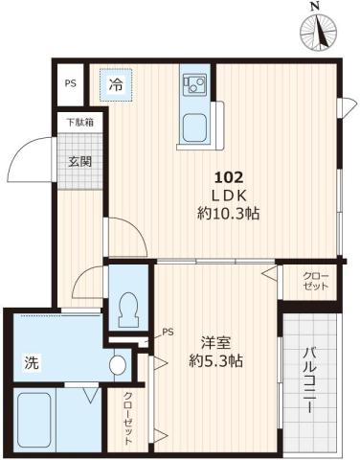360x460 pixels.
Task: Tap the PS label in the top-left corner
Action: pyautogui.click(x=71, y=83)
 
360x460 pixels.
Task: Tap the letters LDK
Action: pyautogui.click(x=229, y=195)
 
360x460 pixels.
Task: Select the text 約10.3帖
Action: pyautogui.click(x=229, y=215)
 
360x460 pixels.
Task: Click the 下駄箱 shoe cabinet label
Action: pyautogui.click(x=79, y=122)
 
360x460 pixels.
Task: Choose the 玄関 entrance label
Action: pyautogui.click(x=79, y=161)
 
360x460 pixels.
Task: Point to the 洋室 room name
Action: pyautogui.click(x=214, y=343)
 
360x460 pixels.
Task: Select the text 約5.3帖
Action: pyautogui.click(x=214, y=362)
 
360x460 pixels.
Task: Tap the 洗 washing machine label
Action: pyautogui.click(x=31, y=363)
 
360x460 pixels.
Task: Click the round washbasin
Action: pyautogui.click(x=117, y=365)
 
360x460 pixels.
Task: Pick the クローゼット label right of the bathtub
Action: pyautogui.click(x=126, y=419)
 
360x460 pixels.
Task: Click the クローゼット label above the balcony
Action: pyautogui.click(x=316, y=283)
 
